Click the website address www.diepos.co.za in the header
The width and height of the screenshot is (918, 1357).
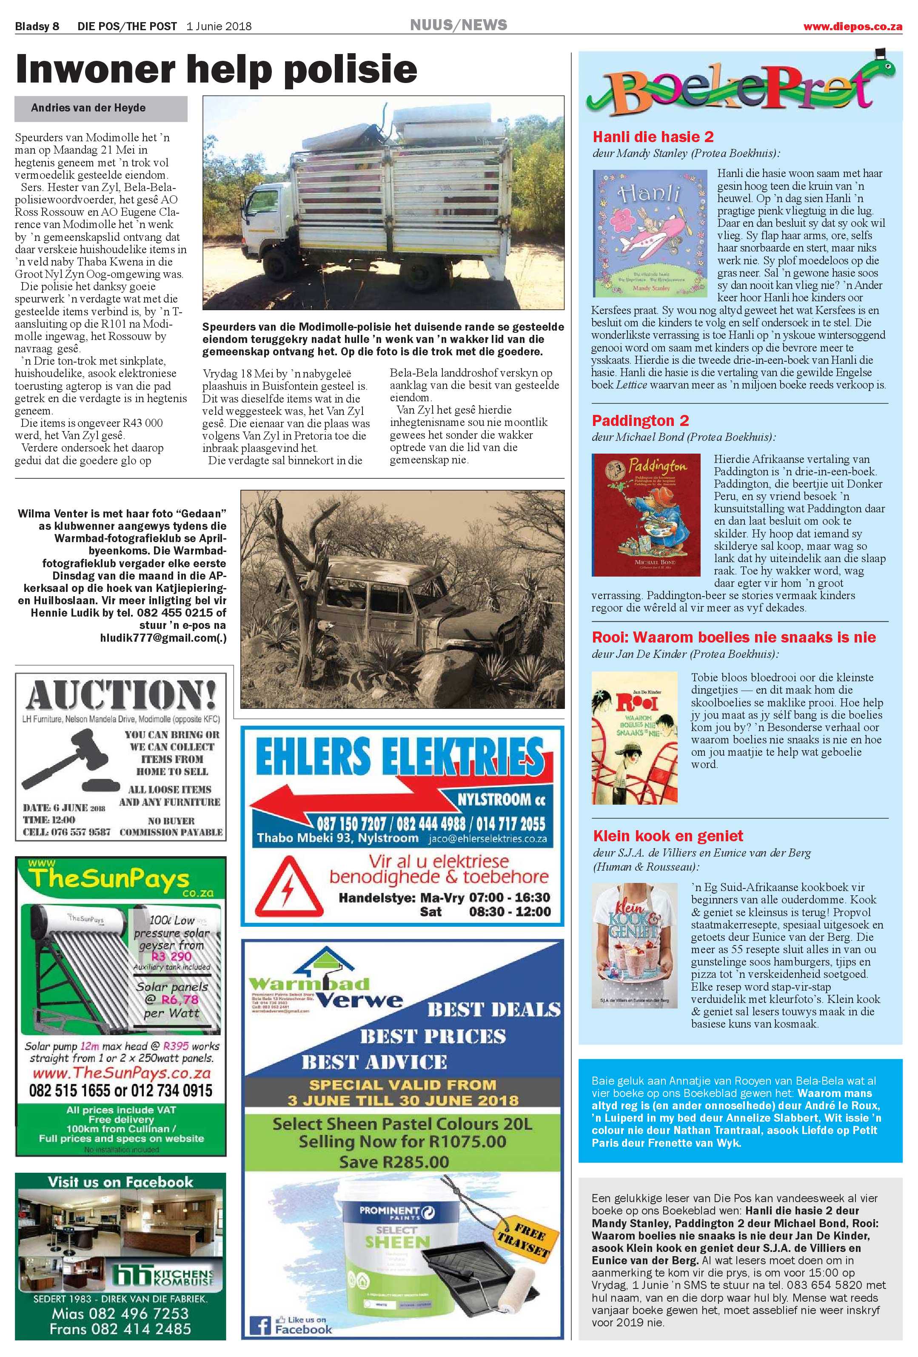tap(852, 26)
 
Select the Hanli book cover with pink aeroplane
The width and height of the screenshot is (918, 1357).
tap(650, 234)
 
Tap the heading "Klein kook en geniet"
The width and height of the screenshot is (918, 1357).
tap(667, 836)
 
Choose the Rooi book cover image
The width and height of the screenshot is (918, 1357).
tap(634, 737)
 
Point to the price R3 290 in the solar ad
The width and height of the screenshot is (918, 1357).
tap(171, 956)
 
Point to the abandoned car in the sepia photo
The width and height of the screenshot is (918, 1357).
tap(403, 604)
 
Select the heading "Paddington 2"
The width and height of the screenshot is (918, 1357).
tap(640, 420)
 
